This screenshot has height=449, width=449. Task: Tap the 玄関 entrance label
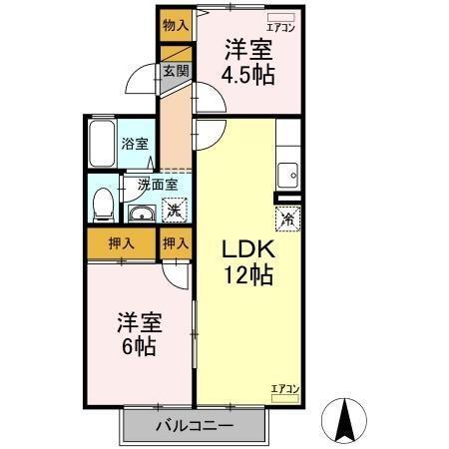tap(174, 71)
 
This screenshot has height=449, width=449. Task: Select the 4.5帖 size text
tap(248, 76)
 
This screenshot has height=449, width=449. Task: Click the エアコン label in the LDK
tap(284, 387)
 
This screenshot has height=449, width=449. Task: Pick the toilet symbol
tap(100, 205)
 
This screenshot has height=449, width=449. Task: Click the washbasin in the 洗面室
tap(141, 213)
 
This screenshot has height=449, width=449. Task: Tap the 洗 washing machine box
tap(174, 211)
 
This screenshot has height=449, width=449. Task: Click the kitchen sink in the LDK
tap(287, 170)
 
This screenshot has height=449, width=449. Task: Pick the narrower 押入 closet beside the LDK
tap(176, 243)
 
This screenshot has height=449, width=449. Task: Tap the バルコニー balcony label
tap(195, 426)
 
